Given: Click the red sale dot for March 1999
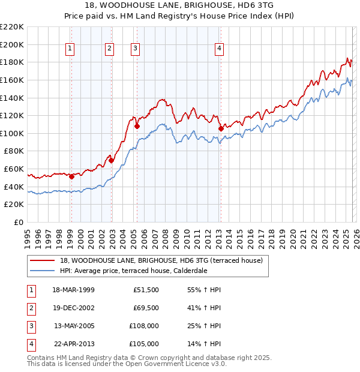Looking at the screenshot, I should [71, 176].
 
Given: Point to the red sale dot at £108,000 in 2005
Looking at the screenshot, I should [137, 127].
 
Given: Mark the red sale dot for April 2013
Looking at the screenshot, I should [221, 128].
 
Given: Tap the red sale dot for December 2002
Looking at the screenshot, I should [111, 160].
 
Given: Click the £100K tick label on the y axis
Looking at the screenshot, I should [12, 133].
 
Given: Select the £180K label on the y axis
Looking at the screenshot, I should [12, 62].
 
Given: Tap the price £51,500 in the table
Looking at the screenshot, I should [146, 290].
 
